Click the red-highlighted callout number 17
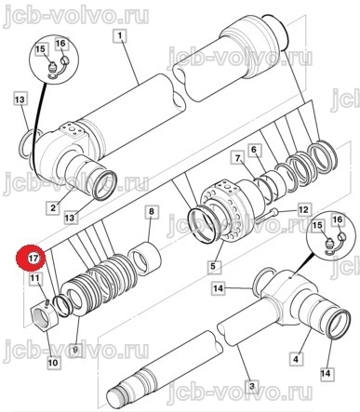click(x=32, y=259)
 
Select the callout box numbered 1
click(x=120, y=36)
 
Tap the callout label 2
click(x=53, y=207)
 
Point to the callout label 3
click(x=251, y=387)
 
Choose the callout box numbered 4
click(x=295, y=360)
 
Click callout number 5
click(x=213, y=266)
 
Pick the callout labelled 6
click(x=254, y=151)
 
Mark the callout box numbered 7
click(x=238, y=159)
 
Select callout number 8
click(x=151, y=212)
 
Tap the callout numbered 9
click(x=75, y=350)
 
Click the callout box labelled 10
click(x=53, y=362)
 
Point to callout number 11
click(x=34, y=278)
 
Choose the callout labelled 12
click(x=303, y=210)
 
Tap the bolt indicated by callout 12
click(x=267, y=215)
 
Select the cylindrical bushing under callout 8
click(x=144, y=259)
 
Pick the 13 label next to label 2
click(x=70, y=218)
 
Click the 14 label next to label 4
click(x=327, y=373)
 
